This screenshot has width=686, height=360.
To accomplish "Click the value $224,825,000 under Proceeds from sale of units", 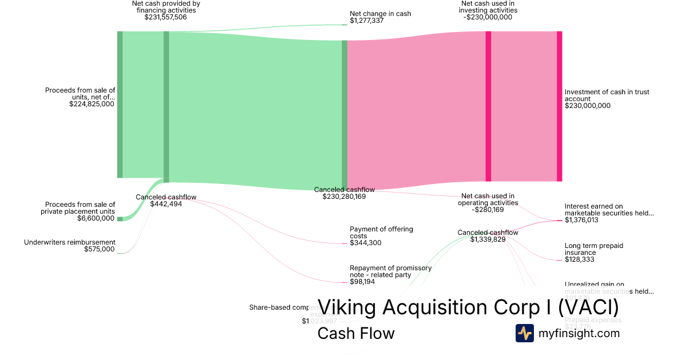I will tap(91, 104).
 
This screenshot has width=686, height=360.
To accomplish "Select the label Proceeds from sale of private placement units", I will tap(80, 208).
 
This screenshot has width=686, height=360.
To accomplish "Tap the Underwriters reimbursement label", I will tap(70, 242).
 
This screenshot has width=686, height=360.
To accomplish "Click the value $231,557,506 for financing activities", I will tap(165, 17).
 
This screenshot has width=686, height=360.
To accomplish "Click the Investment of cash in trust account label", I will tap(607, 95).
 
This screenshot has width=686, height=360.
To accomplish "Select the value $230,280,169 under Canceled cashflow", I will tap(344, 197).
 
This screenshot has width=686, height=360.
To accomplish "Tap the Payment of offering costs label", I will tap(381, 233).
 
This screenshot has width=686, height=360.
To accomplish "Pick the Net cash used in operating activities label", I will tap(488, 199).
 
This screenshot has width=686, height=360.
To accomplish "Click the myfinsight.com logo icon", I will tap(524, 333).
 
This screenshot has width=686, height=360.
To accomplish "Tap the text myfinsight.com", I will tap(579, 333).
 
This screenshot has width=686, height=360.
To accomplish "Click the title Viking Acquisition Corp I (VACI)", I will tap(468, 307).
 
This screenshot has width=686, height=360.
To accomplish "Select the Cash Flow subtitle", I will tap(356, 333).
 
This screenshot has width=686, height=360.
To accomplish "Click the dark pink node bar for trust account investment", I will tap(559, 106).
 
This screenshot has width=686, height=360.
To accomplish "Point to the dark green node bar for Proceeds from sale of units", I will tap(119, 105).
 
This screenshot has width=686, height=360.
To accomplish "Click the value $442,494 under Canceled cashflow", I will tap(166, 204).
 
